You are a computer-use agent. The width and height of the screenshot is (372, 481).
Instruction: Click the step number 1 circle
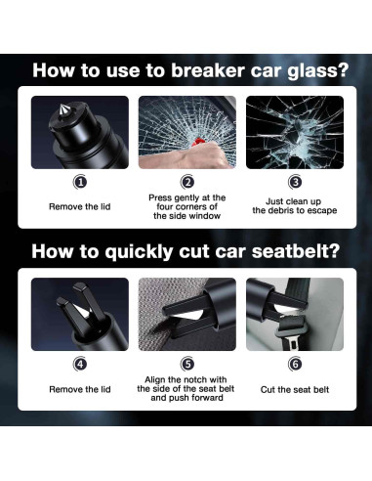(x=80, y=182)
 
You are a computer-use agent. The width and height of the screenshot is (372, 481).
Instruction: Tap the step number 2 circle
(x=187, y=182)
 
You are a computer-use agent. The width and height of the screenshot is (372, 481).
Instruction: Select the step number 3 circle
(x=295, y=182)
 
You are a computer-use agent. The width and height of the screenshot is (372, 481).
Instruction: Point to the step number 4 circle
(x=80, y=364)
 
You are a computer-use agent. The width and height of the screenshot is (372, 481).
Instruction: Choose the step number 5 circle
(x=187, y=364)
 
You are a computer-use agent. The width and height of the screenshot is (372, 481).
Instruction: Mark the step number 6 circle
(x=295, y=364)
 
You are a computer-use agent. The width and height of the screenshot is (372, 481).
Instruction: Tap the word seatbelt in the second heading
(x=296, y=251)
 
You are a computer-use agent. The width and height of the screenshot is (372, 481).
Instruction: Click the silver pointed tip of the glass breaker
(x=62, y=109)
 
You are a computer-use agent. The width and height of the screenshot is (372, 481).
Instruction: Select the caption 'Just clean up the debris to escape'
(x=295, y=206)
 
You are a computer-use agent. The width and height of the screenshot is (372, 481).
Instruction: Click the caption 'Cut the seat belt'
(x=295, y=389)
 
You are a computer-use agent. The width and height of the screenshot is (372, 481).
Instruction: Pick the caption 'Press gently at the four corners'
(x=187, y=206)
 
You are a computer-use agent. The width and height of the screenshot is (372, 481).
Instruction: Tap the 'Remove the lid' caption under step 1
(x=80, y=206)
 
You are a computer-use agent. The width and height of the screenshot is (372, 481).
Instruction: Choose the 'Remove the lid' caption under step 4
(x=80, y=389)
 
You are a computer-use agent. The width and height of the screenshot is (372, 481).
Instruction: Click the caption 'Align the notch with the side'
(x=186, y=388)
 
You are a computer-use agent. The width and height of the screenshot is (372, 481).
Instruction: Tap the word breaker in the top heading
(x=208, y=70)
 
